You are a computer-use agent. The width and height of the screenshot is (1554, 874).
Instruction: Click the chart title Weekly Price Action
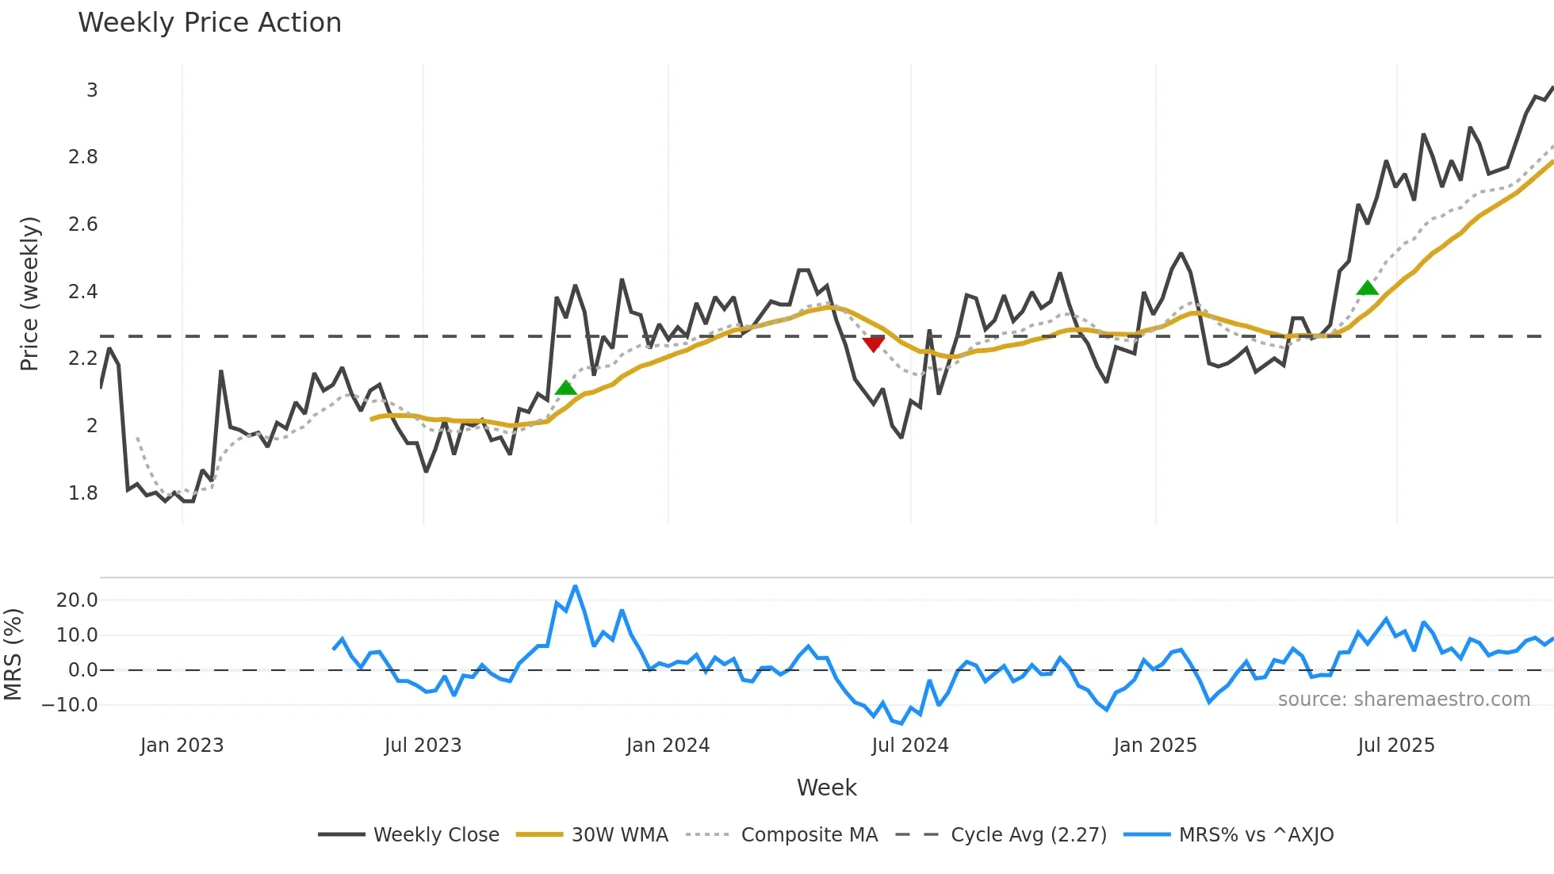(209, 23)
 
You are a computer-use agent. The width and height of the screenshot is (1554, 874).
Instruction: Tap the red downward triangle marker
(873, 343)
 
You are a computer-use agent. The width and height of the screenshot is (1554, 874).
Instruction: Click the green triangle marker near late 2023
(565, 388)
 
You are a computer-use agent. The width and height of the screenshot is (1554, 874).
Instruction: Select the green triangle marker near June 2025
(1368, 288)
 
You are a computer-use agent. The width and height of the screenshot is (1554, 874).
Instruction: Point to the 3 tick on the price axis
(92, 90)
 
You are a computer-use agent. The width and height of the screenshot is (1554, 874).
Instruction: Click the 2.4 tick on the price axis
(82, 292)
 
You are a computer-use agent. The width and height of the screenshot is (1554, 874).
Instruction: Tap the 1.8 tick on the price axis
(82, 493)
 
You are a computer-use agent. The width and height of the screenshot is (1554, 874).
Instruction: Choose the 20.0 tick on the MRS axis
(77, 600)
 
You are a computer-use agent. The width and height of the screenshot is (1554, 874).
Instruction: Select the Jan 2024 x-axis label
(668, 746)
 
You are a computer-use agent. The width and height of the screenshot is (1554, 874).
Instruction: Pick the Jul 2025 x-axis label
(1395, 746)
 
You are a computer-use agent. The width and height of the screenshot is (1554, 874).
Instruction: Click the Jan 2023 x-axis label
(182, 746)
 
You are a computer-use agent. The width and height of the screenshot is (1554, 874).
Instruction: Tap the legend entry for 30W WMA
(619, 835)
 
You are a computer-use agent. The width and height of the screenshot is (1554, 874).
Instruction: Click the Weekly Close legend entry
(436, 835)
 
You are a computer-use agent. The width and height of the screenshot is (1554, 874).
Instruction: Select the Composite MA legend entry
(809, 835)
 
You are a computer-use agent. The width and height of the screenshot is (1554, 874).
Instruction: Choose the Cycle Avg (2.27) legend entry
(1028, 835)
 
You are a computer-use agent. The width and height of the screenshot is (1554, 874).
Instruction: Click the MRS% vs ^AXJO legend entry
(1256, 835)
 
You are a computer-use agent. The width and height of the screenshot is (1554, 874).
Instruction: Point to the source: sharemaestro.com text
(1403, 700)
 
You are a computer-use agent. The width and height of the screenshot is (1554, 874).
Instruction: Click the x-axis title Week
(826, 788)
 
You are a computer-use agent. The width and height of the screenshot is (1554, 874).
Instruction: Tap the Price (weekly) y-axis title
(29, 293)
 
